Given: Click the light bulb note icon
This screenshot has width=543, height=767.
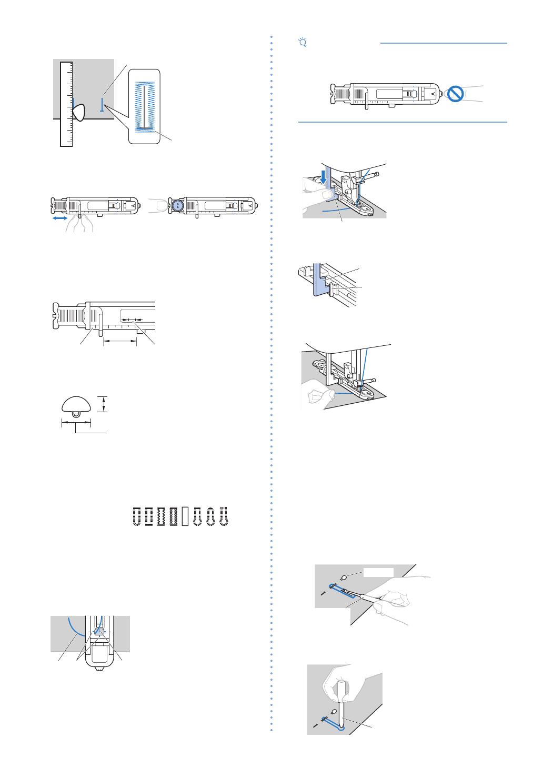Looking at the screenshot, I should (303, 42).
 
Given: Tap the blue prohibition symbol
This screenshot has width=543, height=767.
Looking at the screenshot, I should (455, 94).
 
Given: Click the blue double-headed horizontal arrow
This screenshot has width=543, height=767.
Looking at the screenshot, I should (59, 218).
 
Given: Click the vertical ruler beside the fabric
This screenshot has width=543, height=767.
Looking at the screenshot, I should (66, 104).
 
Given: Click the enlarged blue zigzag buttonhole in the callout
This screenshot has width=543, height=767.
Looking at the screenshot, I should (144, 106).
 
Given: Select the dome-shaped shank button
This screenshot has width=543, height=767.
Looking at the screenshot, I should (76, 405).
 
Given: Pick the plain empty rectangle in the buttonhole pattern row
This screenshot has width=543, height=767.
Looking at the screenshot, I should (185, 516).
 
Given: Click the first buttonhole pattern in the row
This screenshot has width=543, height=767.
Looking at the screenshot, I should (137, 516).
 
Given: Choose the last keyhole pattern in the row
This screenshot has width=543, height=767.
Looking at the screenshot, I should (224, 516).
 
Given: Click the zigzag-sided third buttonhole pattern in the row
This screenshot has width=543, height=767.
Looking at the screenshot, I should (161, 516).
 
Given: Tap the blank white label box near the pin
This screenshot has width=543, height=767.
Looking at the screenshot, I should (378, 572).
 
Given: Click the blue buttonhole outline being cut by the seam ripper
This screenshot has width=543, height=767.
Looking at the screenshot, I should (341, 591).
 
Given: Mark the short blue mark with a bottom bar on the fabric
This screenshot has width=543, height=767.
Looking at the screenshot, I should (102, 106).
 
